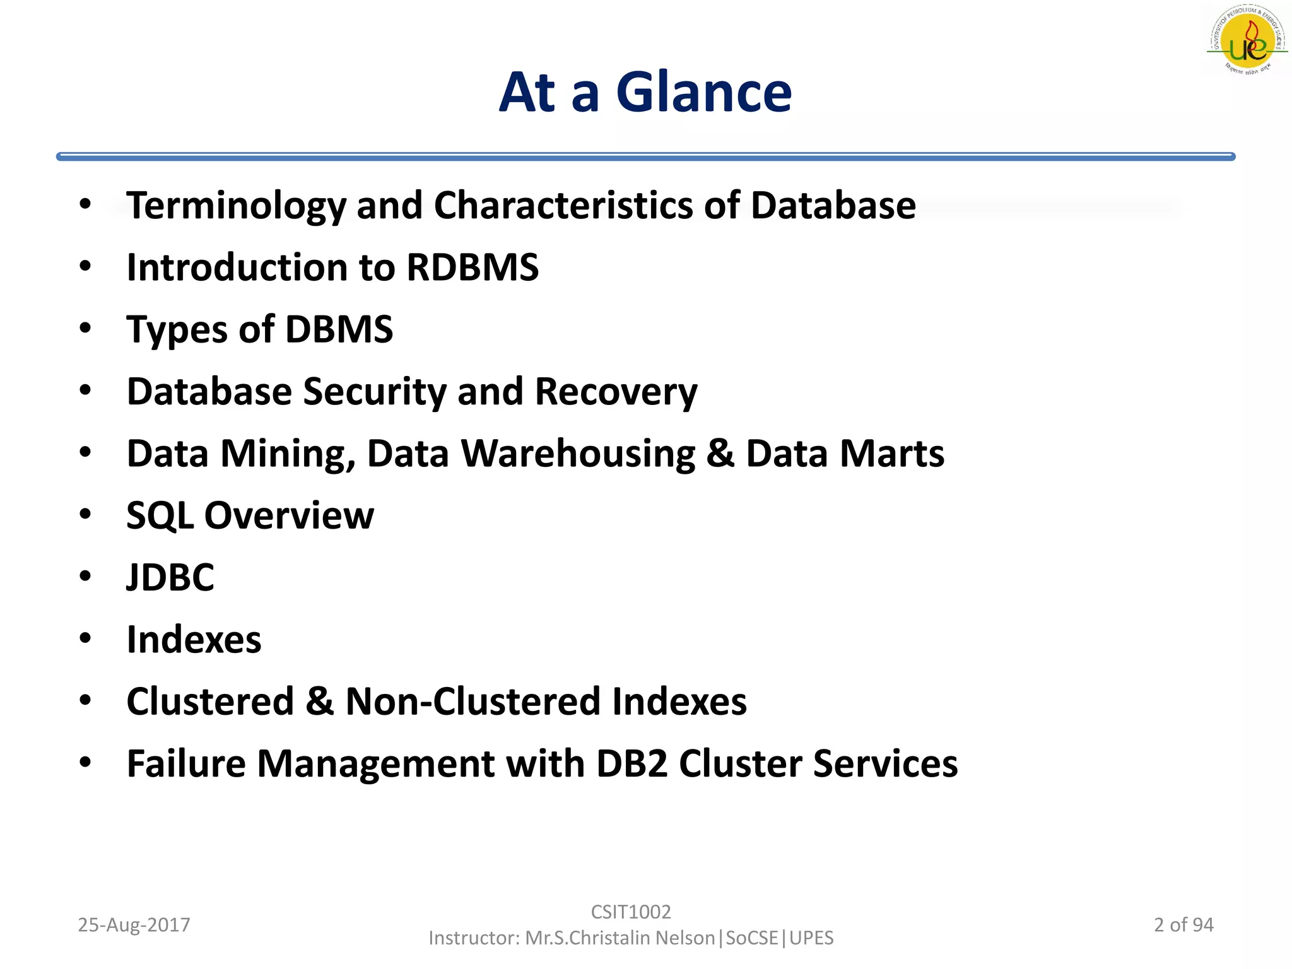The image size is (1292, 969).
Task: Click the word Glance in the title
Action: click(x=703, y=93)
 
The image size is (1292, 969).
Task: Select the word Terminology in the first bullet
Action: click(x=236, y=206)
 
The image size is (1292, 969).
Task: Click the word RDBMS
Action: click(x=473, y=267)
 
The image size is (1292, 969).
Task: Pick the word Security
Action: click(x=375, y=391)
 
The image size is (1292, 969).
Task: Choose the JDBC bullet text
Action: click(x=170, y=577)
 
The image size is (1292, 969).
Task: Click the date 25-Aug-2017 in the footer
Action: click(x=134, y=925)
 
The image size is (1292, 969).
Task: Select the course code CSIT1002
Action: click(x=631, y=912)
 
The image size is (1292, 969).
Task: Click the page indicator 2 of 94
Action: click(x=1183, y=925)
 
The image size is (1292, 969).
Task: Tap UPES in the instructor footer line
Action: click(x=811, y=938)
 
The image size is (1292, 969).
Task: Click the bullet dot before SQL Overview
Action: click(x=86, y=514)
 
